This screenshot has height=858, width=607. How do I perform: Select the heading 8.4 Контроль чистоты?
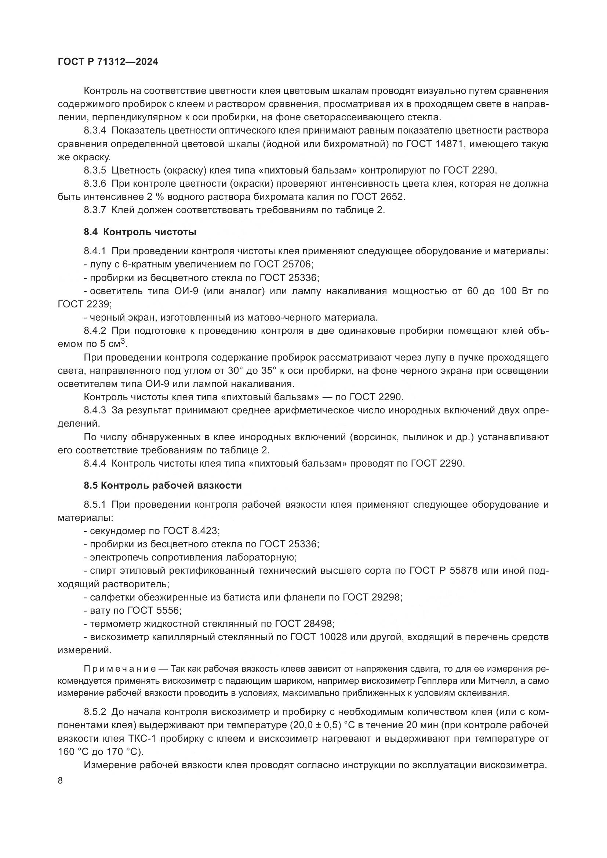(140, 232)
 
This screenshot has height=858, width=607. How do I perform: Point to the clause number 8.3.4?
(95, 131)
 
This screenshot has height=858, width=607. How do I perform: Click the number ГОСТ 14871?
(431, 144)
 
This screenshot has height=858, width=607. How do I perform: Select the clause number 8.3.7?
(95, 210)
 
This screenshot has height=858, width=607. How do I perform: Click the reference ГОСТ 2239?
(84, 304)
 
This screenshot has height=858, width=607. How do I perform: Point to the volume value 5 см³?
(113, 344)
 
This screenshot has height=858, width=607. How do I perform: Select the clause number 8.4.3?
(95, 410)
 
